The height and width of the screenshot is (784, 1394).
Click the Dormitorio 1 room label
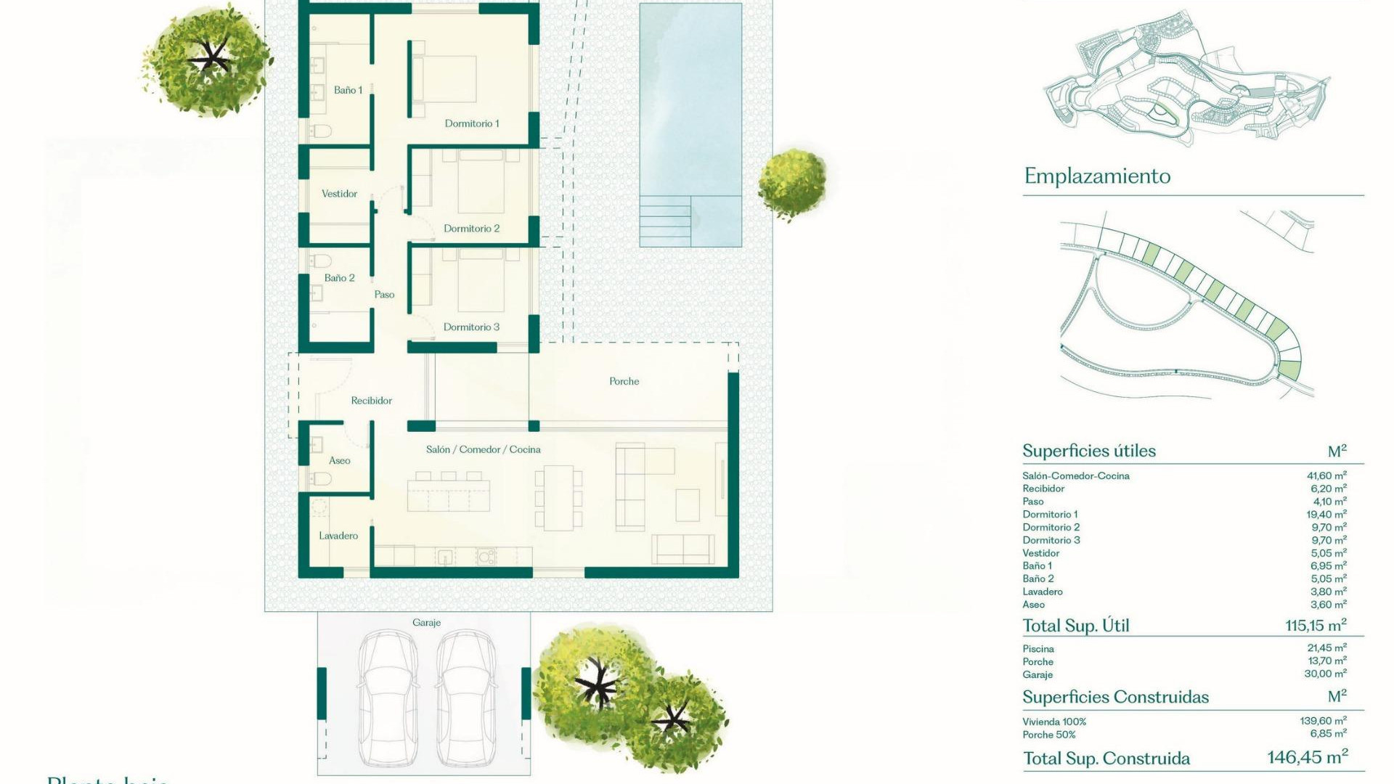click(x=472, y=123)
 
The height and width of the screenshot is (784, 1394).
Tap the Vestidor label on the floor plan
click(x=339, y=194)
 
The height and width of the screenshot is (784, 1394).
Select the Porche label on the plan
click(x=624, y=381)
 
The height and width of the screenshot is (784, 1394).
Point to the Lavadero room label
click(x=338, y=536)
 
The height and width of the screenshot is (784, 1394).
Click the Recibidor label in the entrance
click(x=371, y=401)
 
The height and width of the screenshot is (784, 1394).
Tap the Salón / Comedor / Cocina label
click(x=483, y=449)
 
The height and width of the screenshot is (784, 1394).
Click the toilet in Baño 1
click(x=320, y=131)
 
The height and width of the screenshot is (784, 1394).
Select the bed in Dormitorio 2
click(x=481, y=181)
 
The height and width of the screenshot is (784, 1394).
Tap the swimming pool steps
click(x=665, y=221)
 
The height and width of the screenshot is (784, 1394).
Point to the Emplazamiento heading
click(x=1097, y=176)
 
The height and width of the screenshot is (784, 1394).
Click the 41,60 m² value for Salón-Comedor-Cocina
click(x=1326, y=476)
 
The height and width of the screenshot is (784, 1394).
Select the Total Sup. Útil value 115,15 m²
click(x=1316, y=625)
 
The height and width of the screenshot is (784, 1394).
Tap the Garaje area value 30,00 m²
click(x=1326, y=674)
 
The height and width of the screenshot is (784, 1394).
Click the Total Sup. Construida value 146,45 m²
click(x=1308, y=758)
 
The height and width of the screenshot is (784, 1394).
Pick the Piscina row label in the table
click(x=1038, y=649)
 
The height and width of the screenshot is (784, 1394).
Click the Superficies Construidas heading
click(x=1115, y=698)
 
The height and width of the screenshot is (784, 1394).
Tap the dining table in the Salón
click(x=558, y=498)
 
